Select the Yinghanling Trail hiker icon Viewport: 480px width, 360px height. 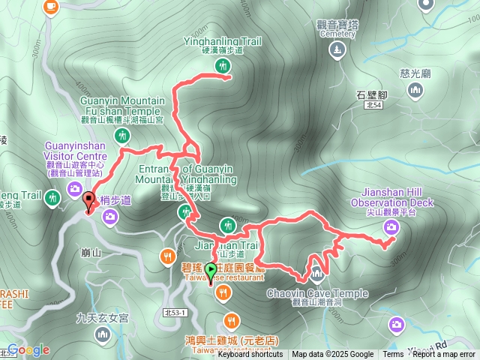[x=222, y=67]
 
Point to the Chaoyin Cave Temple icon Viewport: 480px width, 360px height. [x=316, y=271]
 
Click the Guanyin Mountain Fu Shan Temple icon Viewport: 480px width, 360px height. [x=123, y=136]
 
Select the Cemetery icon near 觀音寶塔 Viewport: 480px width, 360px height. [x=337, y=50]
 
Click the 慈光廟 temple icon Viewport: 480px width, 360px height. [x=415, y=91]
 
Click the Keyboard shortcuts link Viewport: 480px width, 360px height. [x=250, y=355]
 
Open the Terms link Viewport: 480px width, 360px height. [x=393, y=355]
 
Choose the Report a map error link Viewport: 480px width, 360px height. [x=444, y=355]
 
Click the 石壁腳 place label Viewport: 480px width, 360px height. [x=370, y=95]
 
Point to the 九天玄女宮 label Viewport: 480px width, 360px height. [x=103, y=319]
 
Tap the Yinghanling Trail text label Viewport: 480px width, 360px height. [x=223, y=41]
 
